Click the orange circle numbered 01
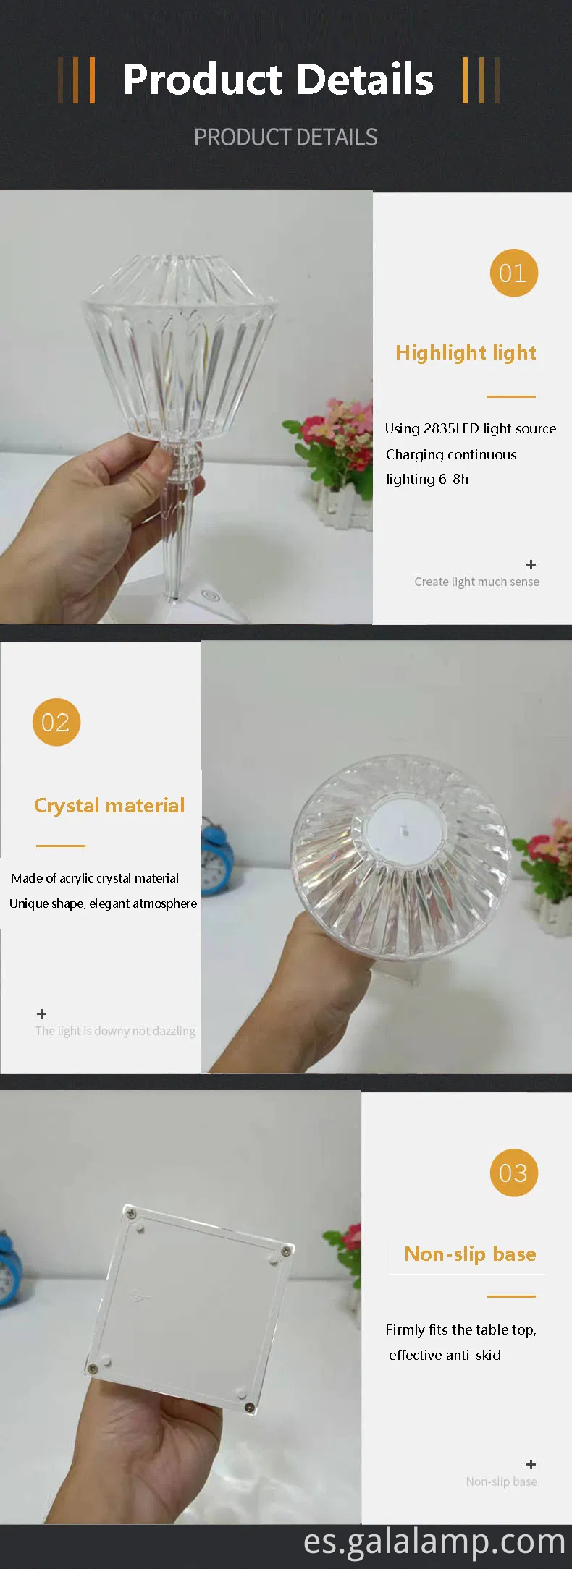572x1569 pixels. pos(513,273)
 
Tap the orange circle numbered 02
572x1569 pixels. pos(56,722)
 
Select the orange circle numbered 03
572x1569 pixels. pos(513,1173)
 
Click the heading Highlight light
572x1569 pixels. pos(466,352)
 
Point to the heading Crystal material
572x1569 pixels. pos(109,805)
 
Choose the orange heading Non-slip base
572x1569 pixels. pos(470,1254)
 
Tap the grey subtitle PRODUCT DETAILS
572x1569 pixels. pos(285,137)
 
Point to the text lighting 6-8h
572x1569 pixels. pos(427,479)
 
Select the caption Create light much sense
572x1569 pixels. pos(476,582)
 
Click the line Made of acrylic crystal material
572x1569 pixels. pos(95,878)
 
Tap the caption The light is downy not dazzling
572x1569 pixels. pos(115,1031)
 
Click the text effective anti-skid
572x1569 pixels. pos(445,1355)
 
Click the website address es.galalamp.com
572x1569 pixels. pos(434,1541)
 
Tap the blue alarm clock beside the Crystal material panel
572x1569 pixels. pos(216,857)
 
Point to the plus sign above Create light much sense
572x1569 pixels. pos(531,564)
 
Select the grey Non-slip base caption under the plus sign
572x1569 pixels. pos(501,1481)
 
